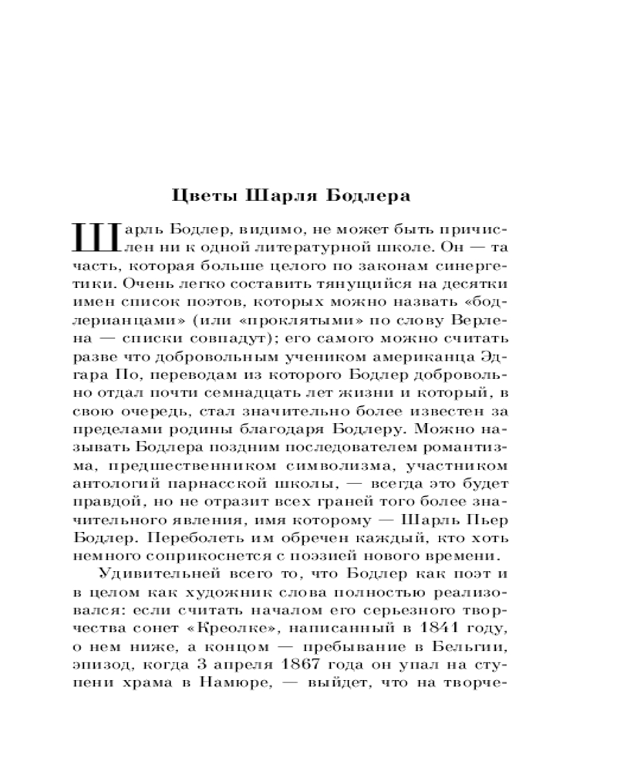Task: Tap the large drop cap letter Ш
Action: pos(95,239)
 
